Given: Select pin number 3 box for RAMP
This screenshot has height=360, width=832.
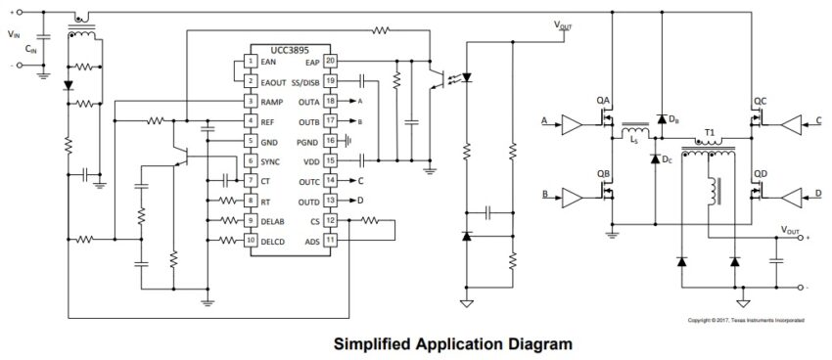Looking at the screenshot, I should pyautogui.click(x=251, y=101).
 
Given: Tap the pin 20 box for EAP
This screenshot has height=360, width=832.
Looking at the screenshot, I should pyautogui.click(x=331, y=62).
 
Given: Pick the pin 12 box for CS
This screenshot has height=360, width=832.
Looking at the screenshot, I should pyautogui.click(x=331, y=221).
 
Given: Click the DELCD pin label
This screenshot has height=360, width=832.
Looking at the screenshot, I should pyautogui.click(x=275, y=241).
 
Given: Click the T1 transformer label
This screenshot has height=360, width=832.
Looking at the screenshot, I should pyautogui.click(x=710, y=133).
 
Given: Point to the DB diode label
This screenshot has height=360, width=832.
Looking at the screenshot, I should pyautogui.click(x=674, y=119).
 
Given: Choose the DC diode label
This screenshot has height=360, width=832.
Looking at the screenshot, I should pyautogui.click(x=667, y=158).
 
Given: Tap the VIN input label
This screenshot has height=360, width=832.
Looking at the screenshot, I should pyautogui.click(x=12, y=33).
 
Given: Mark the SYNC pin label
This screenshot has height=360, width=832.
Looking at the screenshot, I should pyautogui.click(x=271, y=160).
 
